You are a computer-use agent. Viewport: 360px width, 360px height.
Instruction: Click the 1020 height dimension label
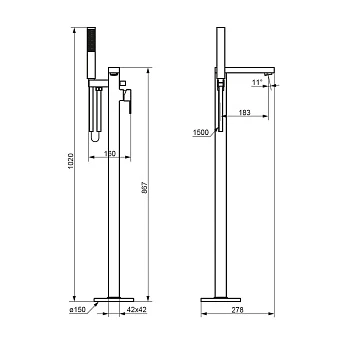pyautogui.click(x=70, y=161)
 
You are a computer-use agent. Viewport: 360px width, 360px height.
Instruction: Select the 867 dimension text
pyautogui.click(x=144, y=188)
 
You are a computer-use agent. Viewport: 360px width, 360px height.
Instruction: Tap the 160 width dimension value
pyautogui.click(x=110, y=154)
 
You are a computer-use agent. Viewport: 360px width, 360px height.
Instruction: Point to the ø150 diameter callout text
pyautogui.click(x=77, y=310)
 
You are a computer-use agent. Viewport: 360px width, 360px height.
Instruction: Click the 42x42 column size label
pyautogui.click(x=137, y=310)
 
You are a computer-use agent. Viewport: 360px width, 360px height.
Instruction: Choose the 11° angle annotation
pyautogui.click(x=257, y=82)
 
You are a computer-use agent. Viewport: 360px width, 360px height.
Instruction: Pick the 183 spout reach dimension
pyautogui.click(x=244, y=112)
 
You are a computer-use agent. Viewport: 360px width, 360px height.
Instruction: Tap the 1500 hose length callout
pyautogui.click(x=201, y=133)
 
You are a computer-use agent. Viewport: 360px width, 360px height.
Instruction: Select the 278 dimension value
pyautogui.click(x=237, y=310)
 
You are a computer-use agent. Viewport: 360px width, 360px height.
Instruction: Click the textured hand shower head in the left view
pyautogui.click(x=91, y=40)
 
